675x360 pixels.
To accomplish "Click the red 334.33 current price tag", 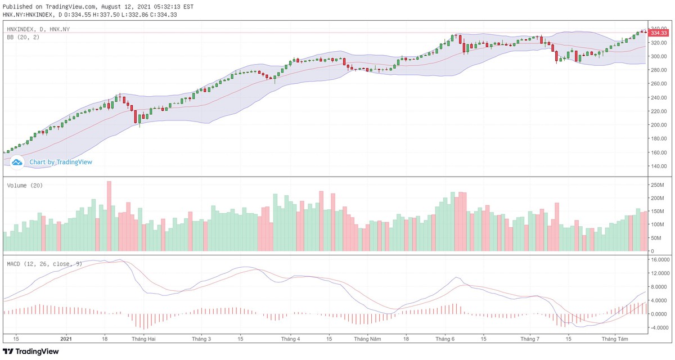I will [659, 33].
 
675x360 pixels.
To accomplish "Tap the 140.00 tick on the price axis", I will [659, 166].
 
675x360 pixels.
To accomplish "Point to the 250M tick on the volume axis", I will [658, 185].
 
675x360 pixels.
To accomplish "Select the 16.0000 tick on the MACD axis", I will [660, 260].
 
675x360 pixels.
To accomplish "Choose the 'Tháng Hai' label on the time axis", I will [143, 339].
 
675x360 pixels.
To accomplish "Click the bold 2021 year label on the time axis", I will [66, 339].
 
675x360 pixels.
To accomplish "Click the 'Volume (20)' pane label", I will [25, 185].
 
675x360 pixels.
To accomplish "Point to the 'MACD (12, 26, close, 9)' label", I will [44, 263].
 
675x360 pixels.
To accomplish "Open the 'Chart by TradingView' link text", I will [61, 162].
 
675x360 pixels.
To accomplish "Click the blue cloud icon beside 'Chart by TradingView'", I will [17, 162].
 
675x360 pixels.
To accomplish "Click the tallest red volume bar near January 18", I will [109, 216].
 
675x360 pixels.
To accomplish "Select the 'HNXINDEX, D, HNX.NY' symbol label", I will [38, 29].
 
